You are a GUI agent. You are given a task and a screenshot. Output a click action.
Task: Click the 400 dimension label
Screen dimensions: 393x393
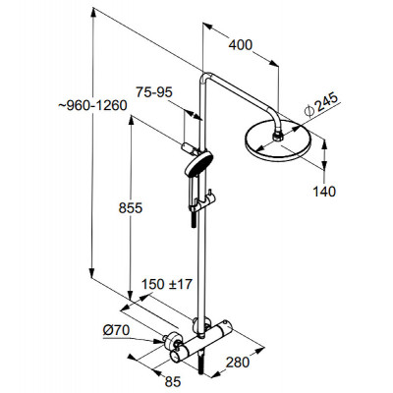(x=241, y=45)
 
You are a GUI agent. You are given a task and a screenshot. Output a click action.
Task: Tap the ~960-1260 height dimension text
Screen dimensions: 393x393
(x=92, y=105)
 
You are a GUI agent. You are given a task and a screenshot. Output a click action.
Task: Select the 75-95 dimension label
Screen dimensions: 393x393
(x=154, y=92)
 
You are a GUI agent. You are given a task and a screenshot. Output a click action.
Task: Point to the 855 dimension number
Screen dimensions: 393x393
(x=131, y=208)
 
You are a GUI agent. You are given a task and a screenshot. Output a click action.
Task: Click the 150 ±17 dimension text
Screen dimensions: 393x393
(x=166, y=284)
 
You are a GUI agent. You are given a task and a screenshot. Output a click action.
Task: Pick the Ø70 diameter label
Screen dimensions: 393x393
(x=116, y=330)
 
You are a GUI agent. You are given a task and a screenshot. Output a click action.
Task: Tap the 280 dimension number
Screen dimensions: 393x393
(x=238, y=363)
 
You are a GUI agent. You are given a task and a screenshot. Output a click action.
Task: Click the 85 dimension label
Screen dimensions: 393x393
(x=173, y=381)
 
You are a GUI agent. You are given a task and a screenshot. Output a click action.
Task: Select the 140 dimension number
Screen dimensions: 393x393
(x=324, y=192)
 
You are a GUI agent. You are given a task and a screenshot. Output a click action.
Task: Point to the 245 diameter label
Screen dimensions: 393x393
(x=321, y=105)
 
